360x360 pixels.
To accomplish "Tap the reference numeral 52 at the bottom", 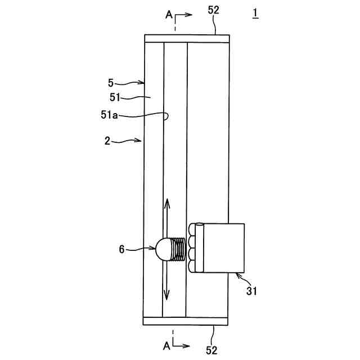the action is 211,350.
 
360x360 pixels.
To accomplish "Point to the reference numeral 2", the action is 107,141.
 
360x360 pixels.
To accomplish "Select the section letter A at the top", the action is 169,15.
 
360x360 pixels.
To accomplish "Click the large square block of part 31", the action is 223,248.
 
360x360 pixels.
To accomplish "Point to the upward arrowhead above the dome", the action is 167,201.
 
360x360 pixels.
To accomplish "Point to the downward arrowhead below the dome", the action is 167,296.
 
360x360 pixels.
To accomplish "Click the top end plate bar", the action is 187,38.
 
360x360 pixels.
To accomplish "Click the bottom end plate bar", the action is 187,321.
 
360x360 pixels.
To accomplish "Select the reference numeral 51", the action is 116,98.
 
